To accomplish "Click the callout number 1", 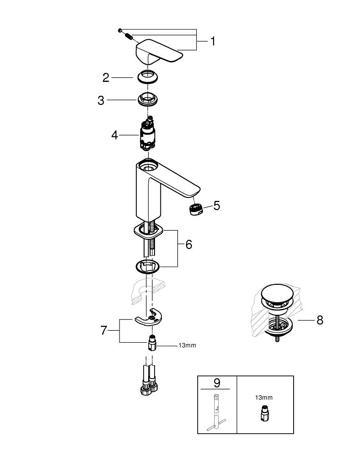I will (212, 41).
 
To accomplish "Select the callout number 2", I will (106, 78).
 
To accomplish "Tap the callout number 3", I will (101, 100).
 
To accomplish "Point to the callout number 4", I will (115, 135).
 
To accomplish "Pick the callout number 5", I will (216, 206).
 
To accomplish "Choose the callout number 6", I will (188, 245).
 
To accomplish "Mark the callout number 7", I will (104, 331).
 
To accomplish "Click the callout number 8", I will (320, 320).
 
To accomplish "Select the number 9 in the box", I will (216, 383).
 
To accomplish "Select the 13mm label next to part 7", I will (187, 346).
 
